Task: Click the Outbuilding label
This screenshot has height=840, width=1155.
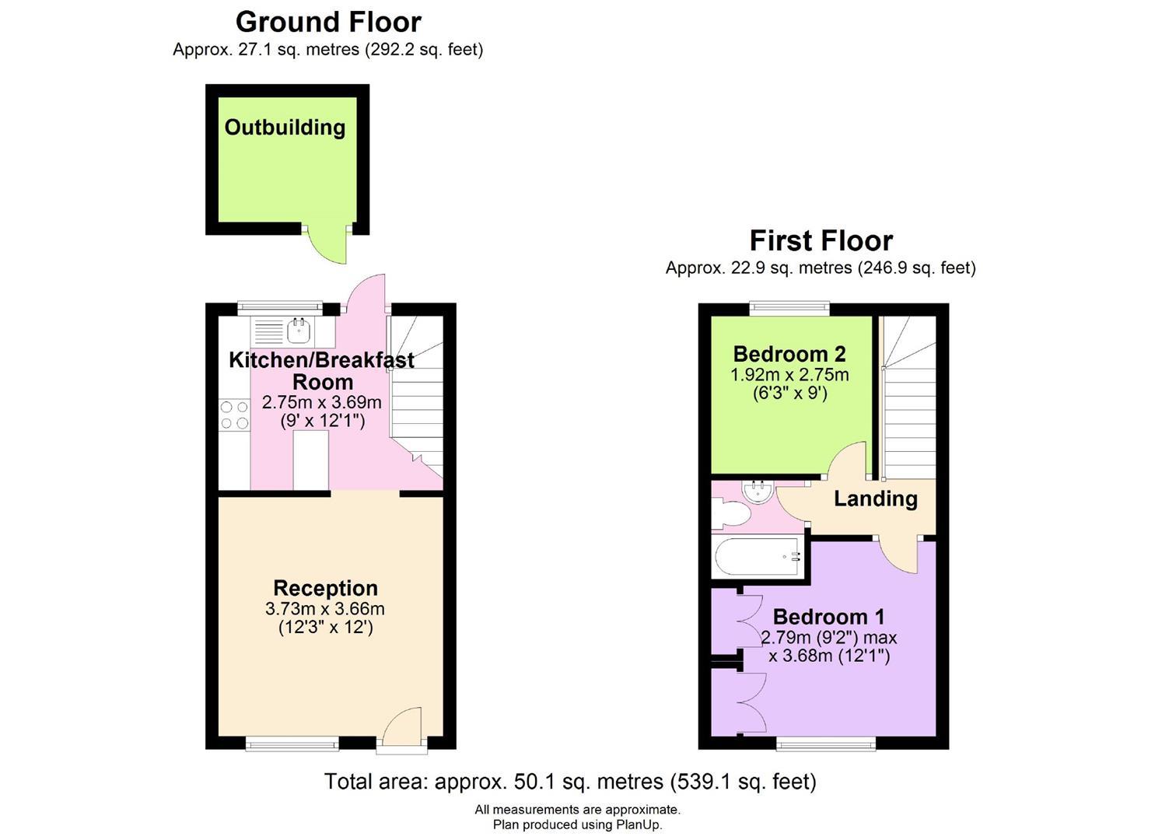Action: click(x=285, y=128)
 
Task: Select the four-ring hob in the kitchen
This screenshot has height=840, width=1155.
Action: click(x=234, y=415)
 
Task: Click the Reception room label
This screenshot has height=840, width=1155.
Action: click(x=325, y=588)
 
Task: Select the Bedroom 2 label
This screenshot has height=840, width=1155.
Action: click(x=789, y=354)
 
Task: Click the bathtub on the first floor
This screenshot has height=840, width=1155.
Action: click(x=758, y=557)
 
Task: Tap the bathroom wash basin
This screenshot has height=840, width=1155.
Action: click(x=756, y=491)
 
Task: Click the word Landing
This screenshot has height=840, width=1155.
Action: click(x=875, y=499)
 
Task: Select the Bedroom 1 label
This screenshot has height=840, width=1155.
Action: click(x=828, y=617)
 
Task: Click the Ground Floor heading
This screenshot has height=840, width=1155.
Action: click(x=328, y=22)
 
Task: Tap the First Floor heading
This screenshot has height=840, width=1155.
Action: click(x=821, y=240)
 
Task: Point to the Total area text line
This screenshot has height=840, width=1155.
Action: click(x=569, y=781)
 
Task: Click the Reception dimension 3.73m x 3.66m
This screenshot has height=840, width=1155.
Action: click(x=325, y=608)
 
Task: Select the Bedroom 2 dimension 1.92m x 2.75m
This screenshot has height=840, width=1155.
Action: click(x=789, y=375)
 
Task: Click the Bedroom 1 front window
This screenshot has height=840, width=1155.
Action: click(x=825, y=744)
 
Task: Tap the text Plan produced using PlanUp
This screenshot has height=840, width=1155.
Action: click(x=577, y=824)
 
